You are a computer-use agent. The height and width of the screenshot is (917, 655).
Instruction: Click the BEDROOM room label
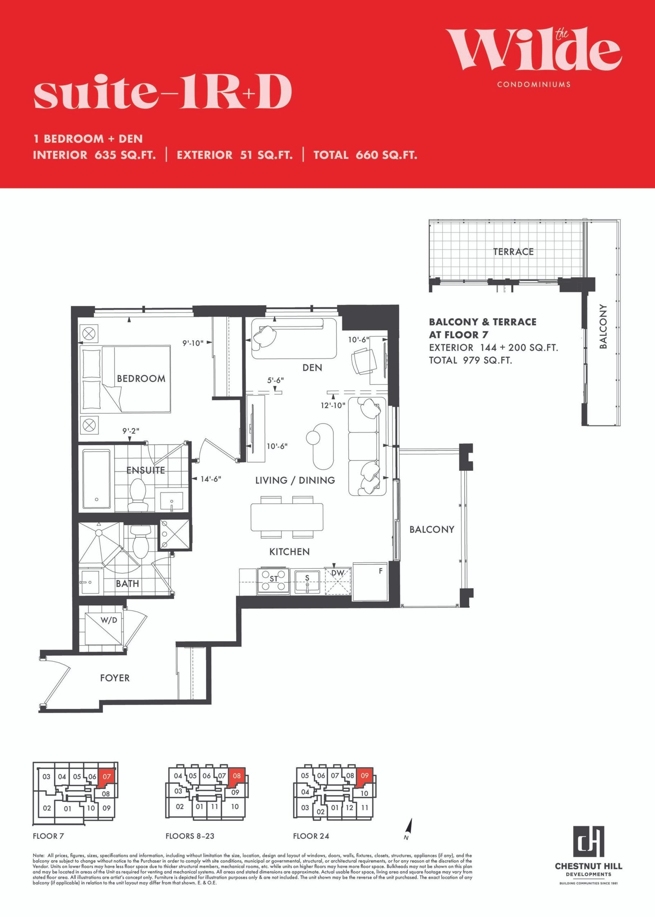(141, 378)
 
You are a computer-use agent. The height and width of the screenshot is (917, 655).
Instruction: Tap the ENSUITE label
(146, 470)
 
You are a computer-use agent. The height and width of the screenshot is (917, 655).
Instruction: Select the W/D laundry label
(109, 620)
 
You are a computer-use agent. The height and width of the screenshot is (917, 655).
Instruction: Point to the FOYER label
(115, 678)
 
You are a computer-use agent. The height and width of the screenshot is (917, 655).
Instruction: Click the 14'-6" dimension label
(211, 479)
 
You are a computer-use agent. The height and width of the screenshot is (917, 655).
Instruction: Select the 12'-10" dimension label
(333, 405)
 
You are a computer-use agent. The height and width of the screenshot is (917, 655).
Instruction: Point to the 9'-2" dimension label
(131, 431)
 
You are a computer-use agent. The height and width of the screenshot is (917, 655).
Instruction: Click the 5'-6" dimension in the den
(276, 380)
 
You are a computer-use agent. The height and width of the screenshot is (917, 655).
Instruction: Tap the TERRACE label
(513, 252)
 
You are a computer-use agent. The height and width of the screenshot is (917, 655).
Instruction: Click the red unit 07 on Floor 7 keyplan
(107, 777)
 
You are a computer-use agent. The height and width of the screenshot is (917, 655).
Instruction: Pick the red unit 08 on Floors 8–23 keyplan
(237, 777)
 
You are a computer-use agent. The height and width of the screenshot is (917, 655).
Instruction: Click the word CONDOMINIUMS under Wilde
(534, 84)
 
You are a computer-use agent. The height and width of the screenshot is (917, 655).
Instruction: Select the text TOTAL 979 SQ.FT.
(470, 360)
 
